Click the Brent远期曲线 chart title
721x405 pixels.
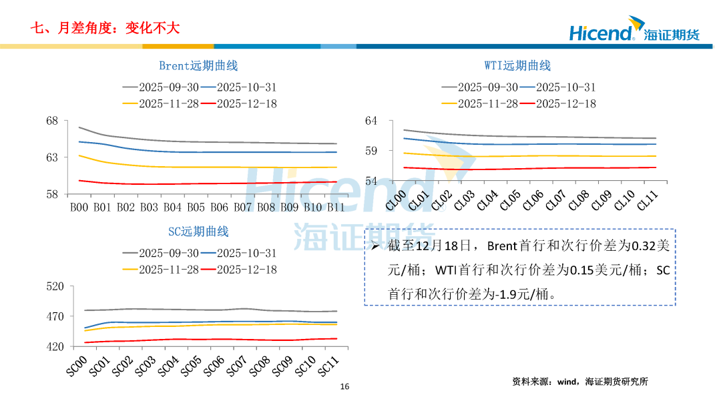pos(198,65)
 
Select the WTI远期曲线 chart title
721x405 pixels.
pos(517,65)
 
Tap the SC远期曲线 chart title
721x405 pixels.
pos(198,232)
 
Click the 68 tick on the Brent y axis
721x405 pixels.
pos(52,121)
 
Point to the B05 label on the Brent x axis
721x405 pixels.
pos(196,208)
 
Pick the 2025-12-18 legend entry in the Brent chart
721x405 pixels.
pos(238,103)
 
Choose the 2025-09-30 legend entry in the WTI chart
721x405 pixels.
pos(479,87)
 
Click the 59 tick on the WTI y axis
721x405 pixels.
pos(371,151)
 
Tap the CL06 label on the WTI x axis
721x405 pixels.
pos(533,200)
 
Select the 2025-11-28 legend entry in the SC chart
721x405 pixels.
pos(160,270)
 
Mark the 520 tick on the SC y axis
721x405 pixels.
pos(55,286)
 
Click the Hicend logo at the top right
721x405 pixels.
pos(634,32)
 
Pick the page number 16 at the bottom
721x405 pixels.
pos(344,387)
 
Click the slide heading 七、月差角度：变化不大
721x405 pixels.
pos(105,28)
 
